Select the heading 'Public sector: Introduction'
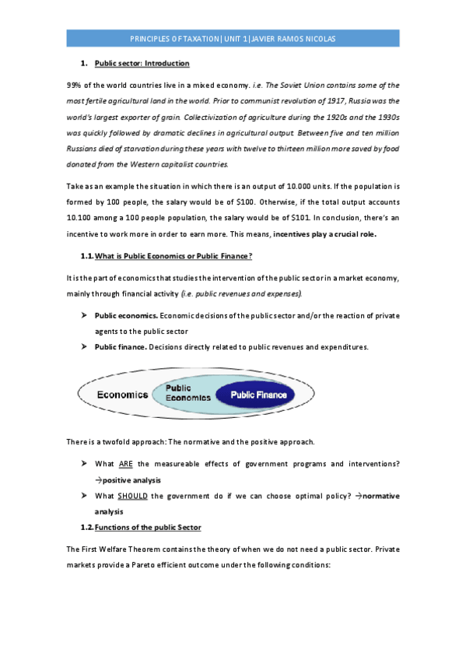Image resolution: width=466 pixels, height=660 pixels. point(142,63)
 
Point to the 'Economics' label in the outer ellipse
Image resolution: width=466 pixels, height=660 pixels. point(122,395)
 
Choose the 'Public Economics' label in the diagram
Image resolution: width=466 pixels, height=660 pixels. point(187,393)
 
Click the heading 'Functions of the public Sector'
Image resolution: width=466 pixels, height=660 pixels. point(148,528)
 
